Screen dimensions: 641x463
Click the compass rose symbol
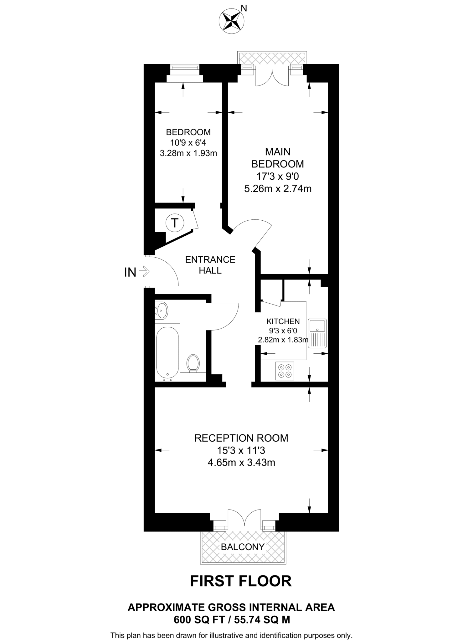point(231,21)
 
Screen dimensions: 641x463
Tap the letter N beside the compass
point(244,8)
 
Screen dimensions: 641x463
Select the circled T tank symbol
point(175,223)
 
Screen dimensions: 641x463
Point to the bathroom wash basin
point(162,310)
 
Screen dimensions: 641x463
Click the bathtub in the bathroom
point(167,352)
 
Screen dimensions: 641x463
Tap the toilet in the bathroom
point(193,363)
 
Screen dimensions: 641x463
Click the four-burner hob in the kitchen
point(285,371)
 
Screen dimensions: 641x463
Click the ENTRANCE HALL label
point(210,265)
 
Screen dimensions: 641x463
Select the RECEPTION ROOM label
point(241,438)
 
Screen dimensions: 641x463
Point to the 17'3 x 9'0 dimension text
point(278,177)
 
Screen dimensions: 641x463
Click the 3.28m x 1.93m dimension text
point(188,153)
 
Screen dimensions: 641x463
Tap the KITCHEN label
point(283,321)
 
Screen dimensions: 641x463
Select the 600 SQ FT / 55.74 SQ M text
point(232,619)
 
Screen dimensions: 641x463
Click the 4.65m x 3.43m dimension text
point(241,462)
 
